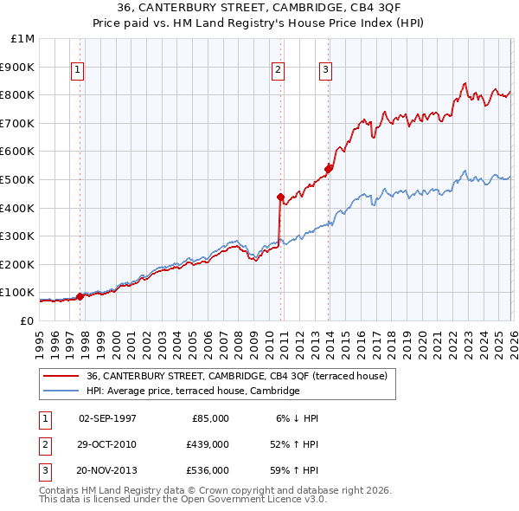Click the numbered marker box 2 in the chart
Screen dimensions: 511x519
279,71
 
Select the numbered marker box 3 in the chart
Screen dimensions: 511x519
326,71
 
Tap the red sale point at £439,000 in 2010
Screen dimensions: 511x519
280,197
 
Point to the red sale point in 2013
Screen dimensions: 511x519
328,169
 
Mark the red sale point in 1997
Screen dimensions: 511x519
80,296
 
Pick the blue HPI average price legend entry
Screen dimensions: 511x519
192,391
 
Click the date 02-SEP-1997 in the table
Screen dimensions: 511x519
107,418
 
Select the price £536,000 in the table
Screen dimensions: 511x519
207,470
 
